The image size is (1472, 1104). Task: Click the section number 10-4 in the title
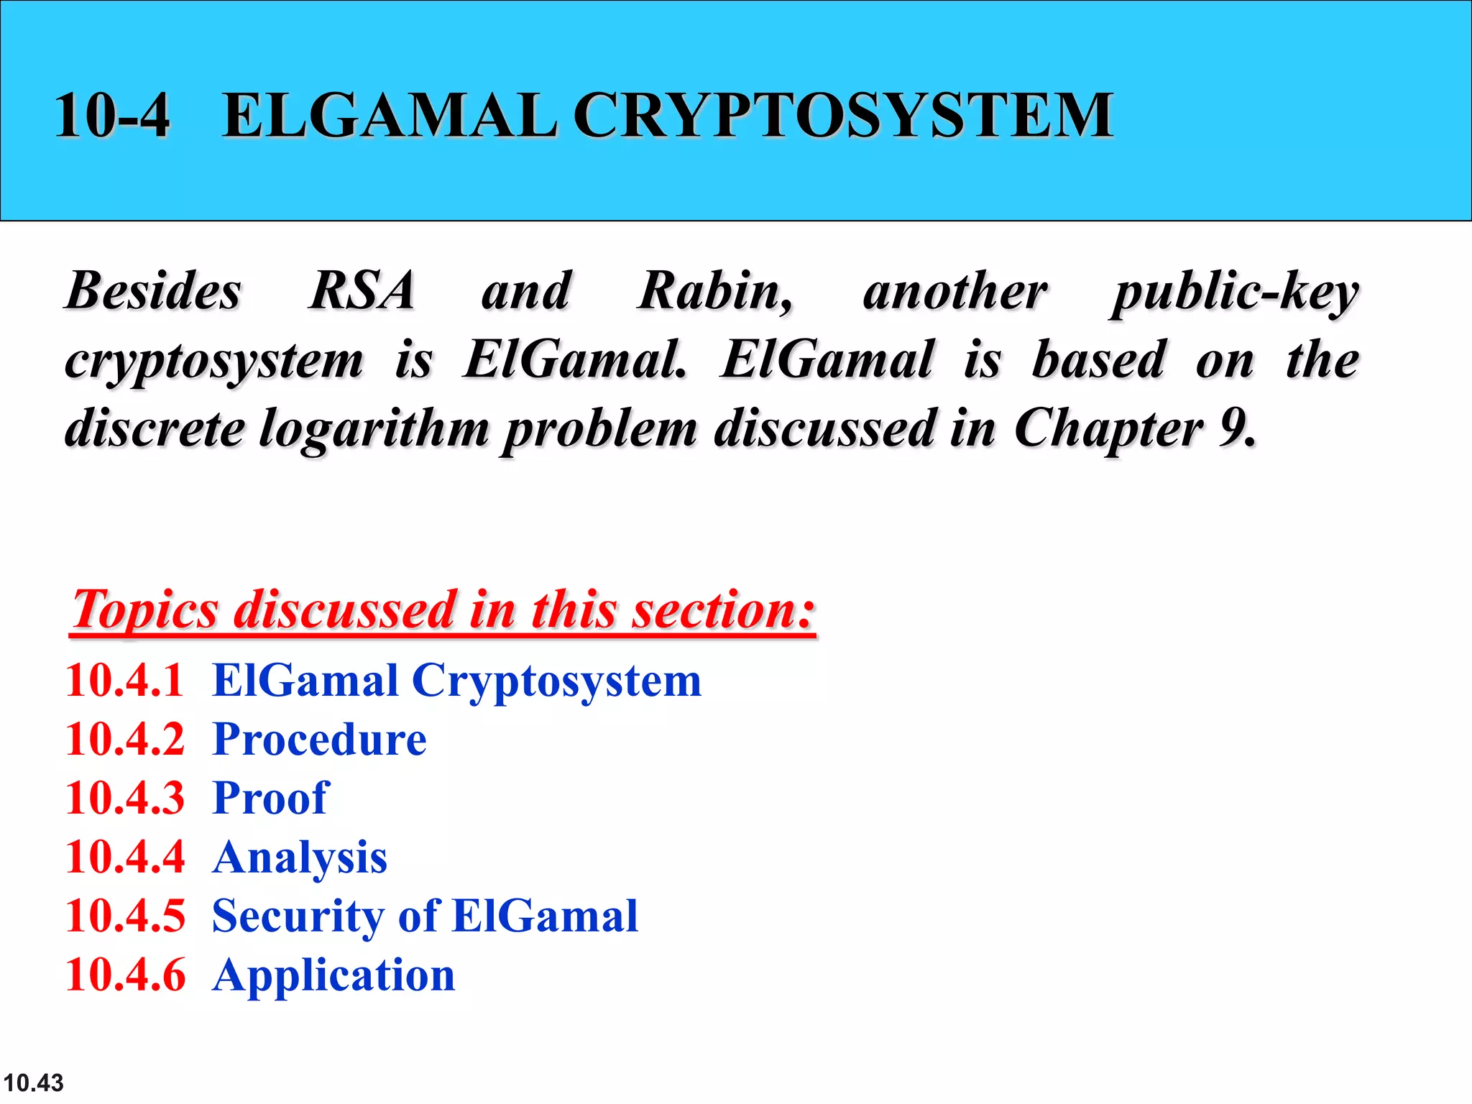(112, 115)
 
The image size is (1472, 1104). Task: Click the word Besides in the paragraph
(153, 291)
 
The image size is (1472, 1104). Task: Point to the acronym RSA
(362, 291)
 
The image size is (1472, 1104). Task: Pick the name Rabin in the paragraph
(714, 291)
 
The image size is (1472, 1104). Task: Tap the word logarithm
(374, 429)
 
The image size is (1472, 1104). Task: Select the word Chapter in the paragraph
(1107, 429)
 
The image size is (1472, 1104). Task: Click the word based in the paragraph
(1098, 359)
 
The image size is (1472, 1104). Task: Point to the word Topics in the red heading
(144, 610)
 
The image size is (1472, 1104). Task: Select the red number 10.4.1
(125, 680)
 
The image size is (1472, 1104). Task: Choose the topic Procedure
(320, 740)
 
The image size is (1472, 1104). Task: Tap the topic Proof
(271, 798)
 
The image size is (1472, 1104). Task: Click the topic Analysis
(300, 857)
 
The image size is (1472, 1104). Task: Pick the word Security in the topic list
(298, 916)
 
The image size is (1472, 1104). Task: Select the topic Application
(333, 976)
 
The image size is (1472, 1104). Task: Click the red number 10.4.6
(125, 975)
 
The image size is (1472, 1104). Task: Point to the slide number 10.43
(33, 1082)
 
